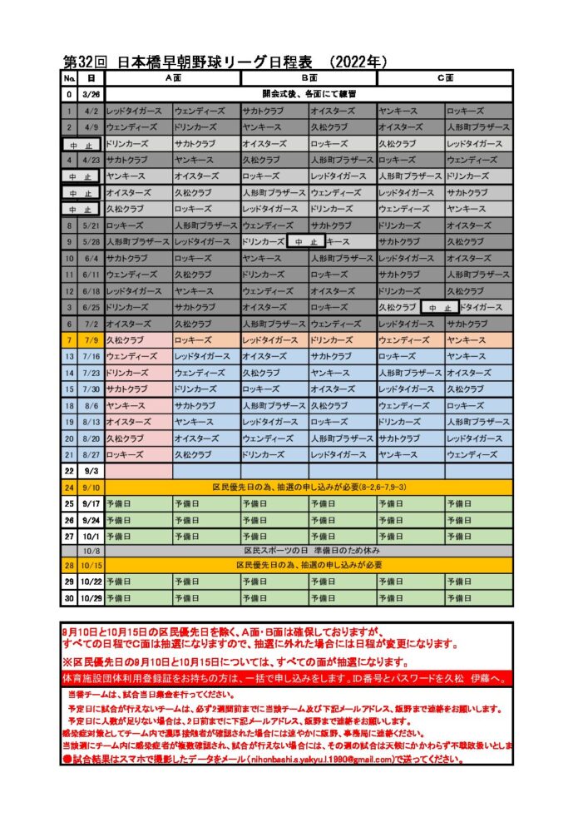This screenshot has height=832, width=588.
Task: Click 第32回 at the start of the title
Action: (x=83, y=62)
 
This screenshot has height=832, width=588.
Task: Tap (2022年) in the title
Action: (x=358, y=62)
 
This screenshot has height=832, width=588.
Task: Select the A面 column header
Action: (x=173, y=78)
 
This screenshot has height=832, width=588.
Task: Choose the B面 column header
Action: (x=309, y=78)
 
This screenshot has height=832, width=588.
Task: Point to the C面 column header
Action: (x=445, y=78)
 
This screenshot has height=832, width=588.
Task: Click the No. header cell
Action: (x=69, y=78)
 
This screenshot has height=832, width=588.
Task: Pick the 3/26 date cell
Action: (x=91, y=94)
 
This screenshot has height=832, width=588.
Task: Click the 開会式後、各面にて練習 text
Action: (x=309, y=94)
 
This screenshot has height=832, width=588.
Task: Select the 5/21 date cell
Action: (x=91, y=225)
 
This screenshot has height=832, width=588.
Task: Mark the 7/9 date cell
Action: (x=91, y=339)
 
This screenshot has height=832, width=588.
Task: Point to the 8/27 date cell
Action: (x=91, y=454)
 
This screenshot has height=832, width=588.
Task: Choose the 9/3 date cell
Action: (x=91, y=471)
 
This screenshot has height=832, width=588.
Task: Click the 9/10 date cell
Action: (x=91, y=487)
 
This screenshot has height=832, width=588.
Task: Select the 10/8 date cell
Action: (x=91, y=551)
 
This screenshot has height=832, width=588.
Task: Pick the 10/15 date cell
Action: (x=91, y=565)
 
